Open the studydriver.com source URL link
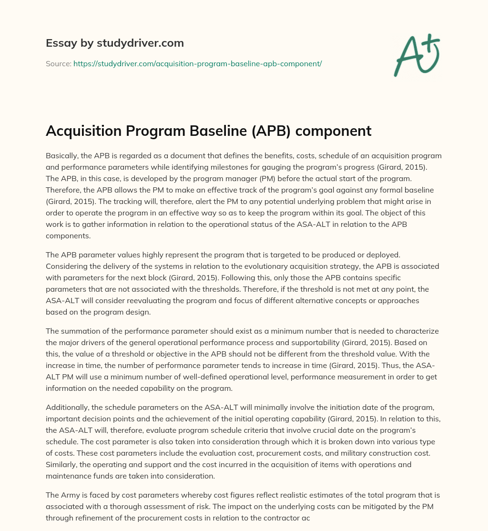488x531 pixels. tap(197, 63)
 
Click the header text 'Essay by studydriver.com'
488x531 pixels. tap(114, 43)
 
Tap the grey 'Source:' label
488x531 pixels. tap(58, 63)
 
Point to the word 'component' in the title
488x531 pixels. tap(340, 131)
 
